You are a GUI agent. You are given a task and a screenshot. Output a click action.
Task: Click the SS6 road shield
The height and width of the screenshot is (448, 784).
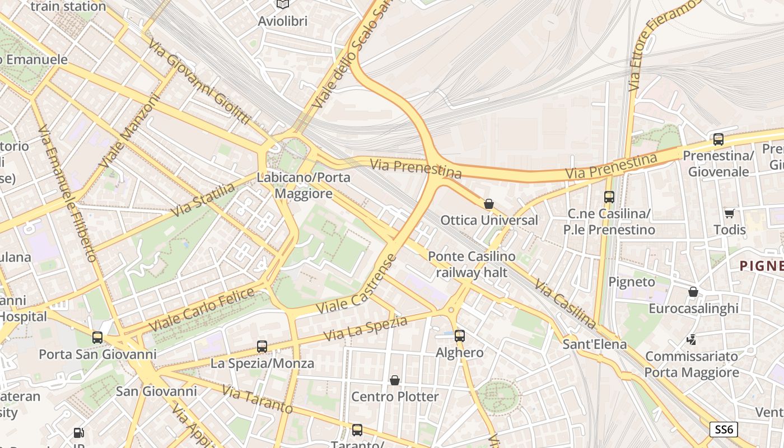pyautogui.click(x=724, y=430)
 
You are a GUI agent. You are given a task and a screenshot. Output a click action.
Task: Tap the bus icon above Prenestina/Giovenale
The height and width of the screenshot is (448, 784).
pyautogui.click(x=718, y=139)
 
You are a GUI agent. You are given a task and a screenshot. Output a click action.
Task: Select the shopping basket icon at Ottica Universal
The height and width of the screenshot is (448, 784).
pyautogui.click(x=489, y=204)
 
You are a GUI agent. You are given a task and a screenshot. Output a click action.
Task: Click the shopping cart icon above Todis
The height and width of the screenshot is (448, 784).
pyautogui.click(x=729, y=213)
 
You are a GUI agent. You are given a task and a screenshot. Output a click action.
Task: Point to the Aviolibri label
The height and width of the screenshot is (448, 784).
pyautogui.click(x=283, y=21)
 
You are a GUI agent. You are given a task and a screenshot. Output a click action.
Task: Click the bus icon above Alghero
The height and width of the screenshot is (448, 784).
pyautogui.click(x=459, y=335)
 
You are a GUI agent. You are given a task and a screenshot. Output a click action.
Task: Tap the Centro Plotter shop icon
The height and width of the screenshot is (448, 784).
pyautogui.click(x=395, y=380)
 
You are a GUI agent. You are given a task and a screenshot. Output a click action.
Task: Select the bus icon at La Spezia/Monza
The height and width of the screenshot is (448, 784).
pyautogui.click(x=262, y=346)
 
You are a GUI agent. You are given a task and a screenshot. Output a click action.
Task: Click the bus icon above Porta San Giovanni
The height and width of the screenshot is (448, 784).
pyautogui.click(x=97, y=337)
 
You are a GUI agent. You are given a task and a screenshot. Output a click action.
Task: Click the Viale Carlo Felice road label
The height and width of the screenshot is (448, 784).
pyautogui.click(x=202, y=309)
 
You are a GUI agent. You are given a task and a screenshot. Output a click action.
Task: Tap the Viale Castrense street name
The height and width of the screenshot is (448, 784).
pyautogui.click(x=356, y=284)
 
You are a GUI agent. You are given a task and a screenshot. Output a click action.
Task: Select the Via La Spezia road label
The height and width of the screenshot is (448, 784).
pyautogui.click(x=366, y=328)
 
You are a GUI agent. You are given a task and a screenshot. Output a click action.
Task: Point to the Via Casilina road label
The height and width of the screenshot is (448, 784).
pyautogui.click(x=564, y=304)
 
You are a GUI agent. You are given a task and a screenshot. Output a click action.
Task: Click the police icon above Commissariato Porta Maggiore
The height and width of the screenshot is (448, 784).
pyautogui.click(x=692, y=339)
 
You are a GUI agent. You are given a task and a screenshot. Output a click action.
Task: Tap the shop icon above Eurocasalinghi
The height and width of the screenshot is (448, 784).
pyautogui.click(x=693, y=292)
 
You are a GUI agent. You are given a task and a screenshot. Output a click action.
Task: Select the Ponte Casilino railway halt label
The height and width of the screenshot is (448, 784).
pyautogui.click(x=472, y=264)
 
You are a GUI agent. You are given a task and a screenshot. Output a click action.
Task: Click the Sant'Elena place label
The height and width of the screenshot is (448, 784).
pyautogui.click(x=595, y=344)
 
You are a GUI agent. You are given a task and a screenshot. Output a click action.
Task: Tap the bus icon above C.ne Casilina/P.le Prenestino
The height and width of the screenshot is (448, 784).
pyautogui.click(x=609, y=197)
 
